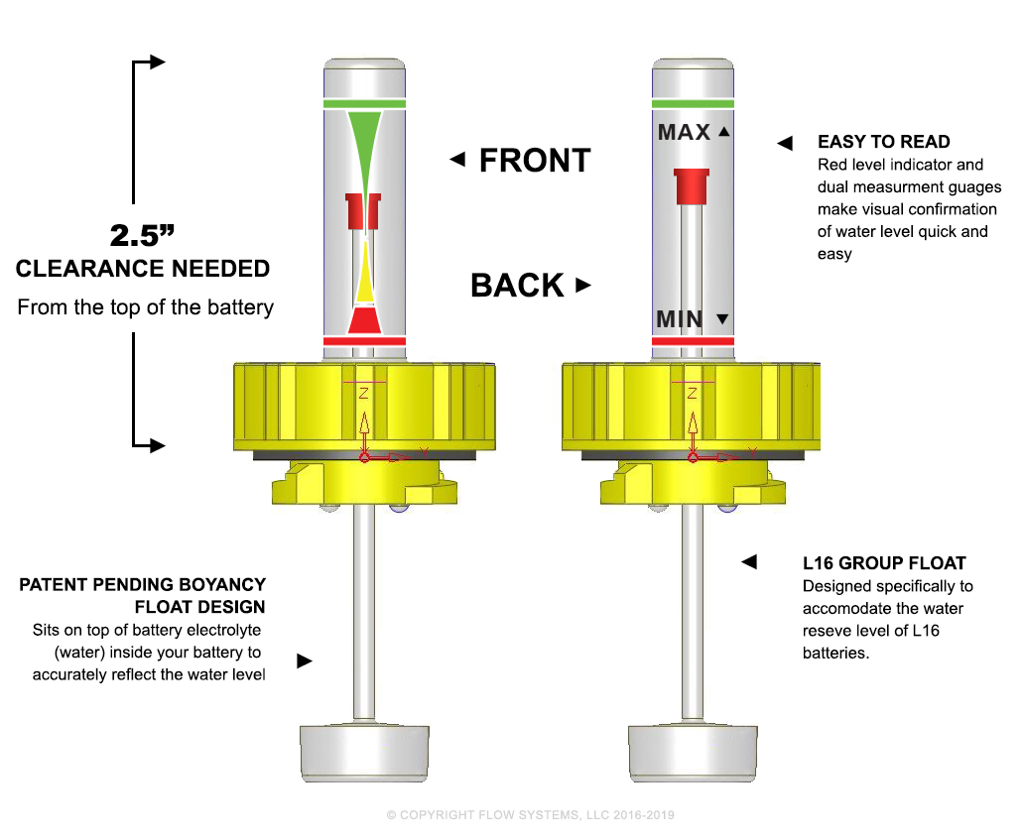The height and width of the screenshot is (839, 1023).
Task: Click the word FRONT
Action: (534, 161)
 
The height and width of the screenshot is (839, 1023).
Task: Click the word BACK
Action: (517, 286)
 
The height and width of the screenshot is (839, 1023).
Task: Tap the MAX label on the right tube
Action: (685, 132)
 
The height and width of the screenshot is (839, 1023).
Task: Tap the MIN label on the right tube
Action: (680, 319)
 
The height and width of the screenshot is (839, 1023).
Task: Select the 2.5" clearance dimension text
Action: (143, 236)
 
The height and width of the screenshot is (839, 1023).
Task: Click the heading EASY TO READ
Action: (883, 142)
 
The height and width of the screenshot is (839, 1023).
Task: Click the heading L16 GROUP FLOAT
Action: (884, 563)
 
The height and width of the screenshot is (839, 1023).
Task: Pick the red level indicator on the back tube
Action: (691, 185)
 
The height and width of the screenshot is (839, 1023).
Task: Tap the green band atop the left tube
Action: (364, 103)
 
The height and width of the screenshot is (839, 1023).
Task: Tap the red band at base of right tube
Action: (693, 341)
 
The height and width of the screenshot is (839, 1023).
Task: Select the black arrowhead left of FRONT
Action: (457, 160)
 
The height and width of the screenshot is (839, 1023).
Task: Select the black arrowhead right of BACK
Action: (583, 286)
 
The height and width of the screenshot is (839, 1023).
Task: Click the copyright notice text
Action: (530, 815)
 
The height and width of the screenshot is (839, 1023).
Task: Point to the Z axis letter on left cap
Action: (364, 394)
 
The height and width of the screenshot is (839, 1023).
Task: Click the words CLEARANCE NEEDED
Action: (143, 269)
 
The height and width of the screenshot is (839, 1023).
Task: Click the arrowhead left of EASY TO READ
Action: (785, 144)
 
